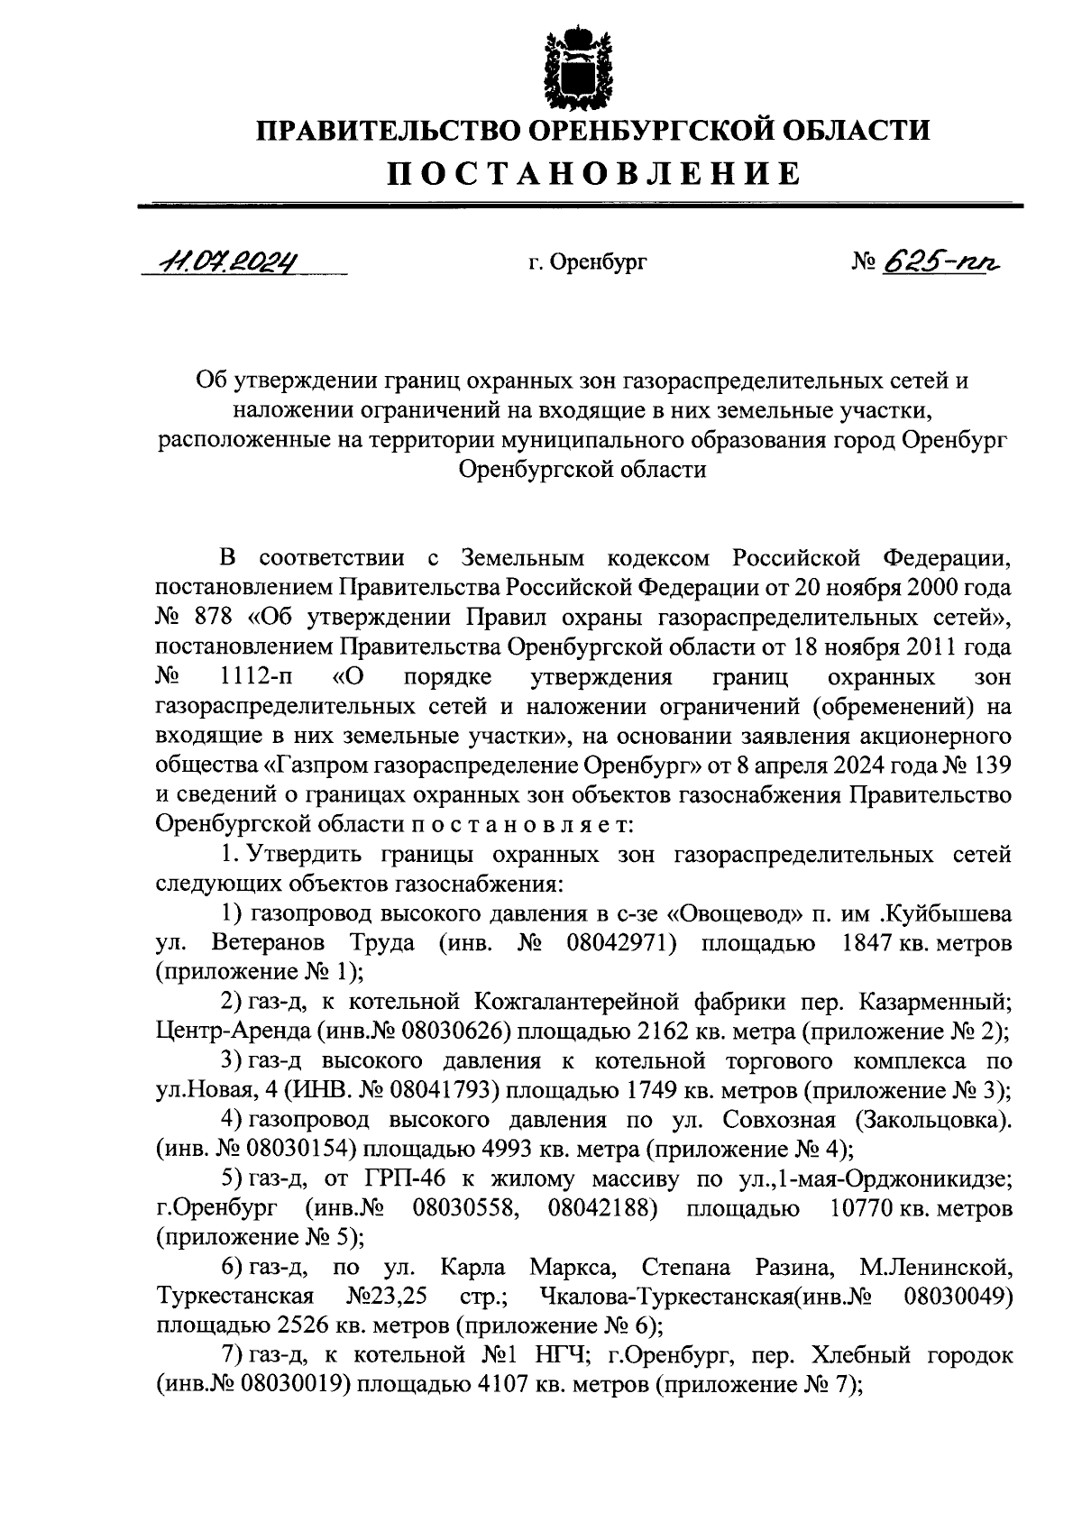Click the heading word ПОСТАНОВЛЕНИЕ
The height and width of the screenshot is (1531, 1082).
tap(594, 172)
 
